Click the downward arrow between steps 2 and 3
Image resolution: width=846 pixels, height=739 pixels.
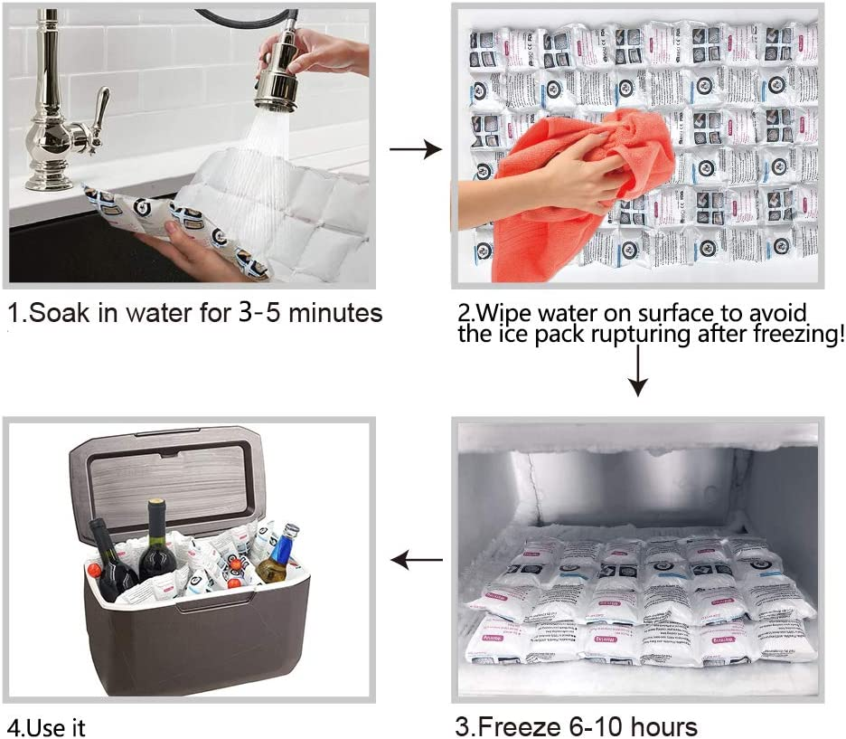pos(638,371)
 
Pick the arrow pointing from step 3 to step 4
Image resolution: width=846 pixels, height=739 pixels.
pos(417,562)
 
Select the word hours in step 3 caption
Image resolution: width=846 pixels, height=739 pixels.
pos(664,725)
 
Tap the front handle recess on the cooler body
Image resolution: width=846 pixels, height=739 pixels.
pos(201,605)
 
